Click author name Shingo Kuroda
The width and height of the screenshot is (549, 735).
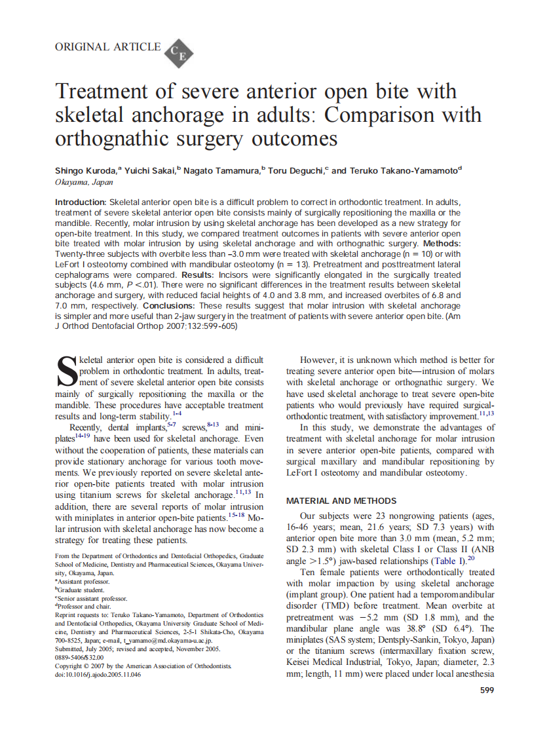coord(85,171)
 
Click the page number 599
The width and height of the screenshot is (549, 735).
coord(487,690)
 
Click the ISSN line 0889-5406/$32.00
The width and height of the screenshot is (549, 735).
coord(79,657)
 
